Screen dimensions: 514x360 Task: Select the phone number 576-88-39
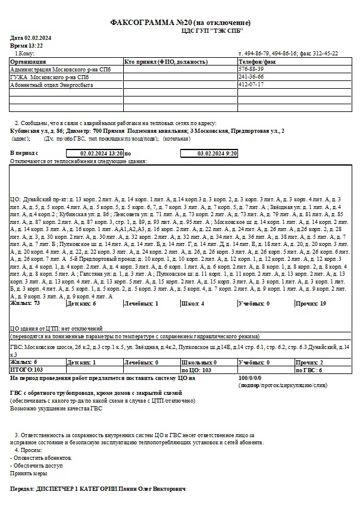251,69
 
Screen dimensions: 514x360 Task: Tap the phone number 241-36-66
251,77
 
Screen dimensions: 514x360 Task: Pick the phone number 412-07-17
251,85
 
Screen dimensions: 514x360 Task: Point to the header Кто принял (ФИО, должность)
165,61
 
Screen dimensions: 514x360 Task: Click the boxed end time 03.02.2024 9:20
217,153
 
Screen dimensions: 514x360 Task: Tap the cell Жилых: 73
25,303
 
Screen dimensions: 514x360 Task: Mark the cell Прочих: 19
311,303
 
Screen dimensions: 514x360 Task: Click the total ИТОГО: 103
26,370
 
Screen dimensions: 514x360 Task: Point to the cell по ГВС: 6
309,370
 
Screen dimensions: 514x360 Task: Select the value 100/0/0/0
249,378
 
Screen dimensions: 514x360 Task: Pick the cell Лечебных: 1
140,303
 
